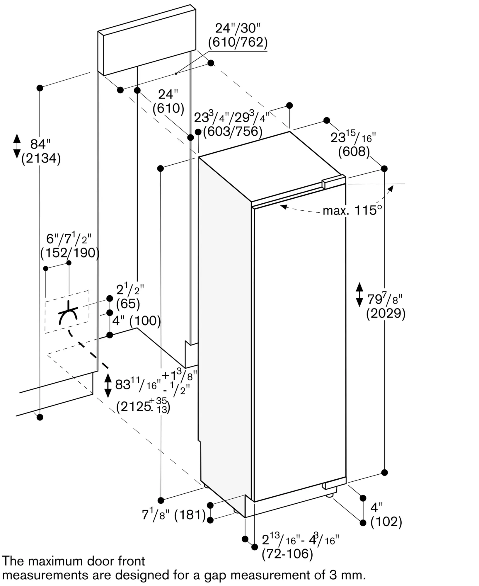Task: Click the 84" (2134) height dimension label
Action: tap(41, 152)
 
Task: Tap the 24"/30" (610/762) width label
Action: tap(238, 36)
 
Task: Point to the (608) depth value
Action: tap(354, 151)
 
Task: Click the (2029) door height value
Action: tap(386, 314)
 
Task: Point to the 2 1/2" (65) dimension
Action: tap(129, 297)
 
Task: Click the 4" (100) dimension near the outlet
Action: tap(136, 321)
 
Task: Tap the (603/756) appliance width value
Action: tap(232, 131)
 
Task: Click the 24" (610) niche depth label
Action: tap(168, 102)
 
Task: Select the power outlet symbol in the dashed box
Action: tap(68, 314)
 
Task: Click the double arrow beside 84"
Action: tap(17, 146)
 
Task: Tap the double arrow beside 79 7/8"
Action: tap(359, 294)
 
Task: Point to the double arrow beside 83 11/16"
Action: tap(108, 385)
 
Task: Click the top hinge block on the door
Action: tap(333, 183)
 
